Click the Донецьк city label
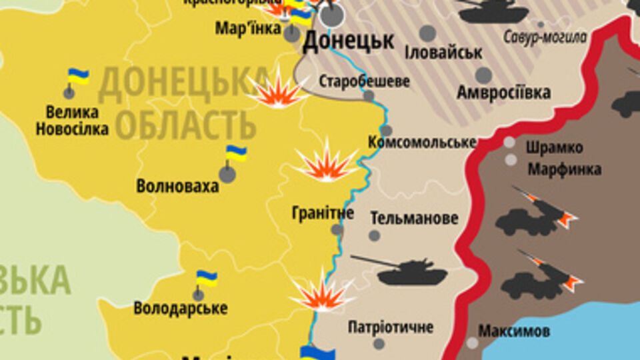coord(348,41)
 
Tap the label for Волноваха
coord(177,186)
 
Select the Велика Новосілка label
coord(72,121)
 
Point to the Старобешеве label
coord(364,81)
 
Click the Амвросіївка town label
coord(504,92)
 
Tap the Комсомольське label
coord(422,142)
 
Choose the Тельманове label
coord(414,218)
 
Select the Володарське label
coord(180,309)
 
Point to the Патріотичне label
coord(391,327)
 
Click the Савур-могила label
coord(545,37)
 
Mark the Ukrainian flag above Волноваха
coord(235,153)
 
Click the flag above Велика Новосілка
coord(79,76)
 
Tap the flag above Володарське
coord(206,278)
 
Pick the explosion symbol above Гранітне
coord(327,162)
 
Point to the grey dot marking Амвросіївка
coord(483,75)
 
